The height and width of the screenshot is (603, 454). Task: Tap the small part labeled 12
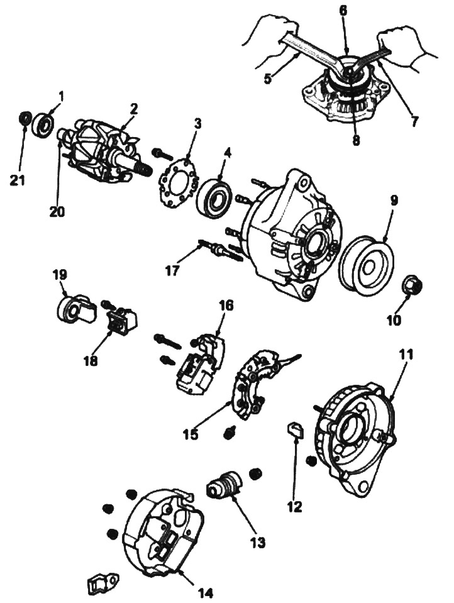(296, 430)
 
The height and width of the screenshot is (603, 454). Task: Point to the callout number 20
(57, 211)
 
